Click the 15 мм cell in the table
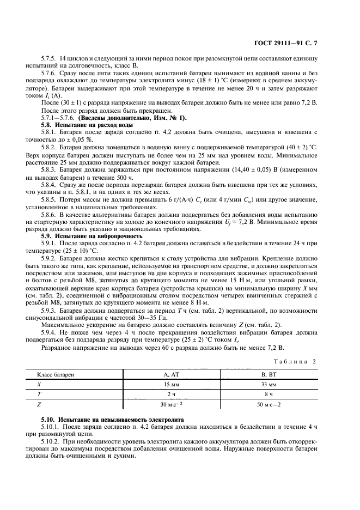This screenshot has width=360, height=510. (170, 384)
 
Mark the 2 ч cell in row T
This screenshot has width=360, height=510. (170, 394)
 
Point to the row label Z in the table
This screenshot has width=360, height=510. (38, 405)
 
